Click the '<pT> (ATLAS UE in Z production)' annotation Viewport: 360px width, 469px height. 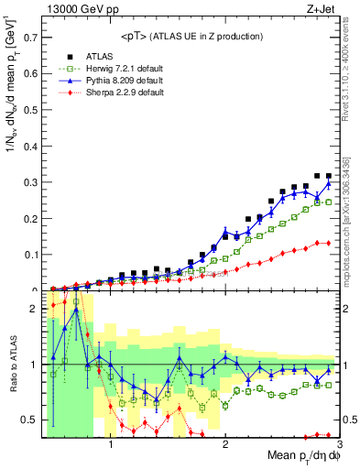(x=191, y=36)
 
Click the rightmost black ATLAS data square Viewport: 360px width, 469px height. (x=328, y=175)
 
